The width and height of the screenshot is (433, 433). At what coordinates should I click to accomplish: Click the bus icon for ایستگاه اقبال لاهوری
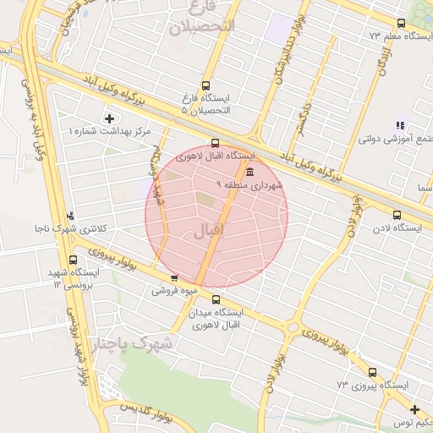coord(215,144)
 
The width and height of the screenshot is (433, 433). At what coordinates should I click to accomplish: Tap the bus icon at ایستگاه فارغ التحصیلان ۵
coord(206,85)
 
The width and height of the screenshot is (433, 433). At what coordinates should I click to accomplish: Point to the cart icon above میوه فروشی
coord(174,277)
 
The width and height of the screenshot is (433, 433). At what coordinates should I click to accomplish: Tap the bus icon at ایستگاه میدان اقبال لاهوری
coord(216,299)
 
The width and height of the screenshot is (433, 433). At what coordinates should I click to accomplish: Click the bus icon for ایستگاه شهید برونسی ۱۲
coord(73,260)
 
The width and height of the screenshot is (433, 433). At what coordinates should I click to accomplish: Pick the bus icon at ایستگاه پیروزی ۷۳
coord(372,372)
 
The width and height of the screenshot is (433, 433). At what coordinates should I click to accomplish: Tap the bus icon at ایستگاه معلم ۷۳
coord(400,24)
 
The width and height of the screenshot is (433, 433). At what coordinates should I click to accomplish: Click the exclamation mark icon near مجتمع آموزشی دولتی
coord(398,126)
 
